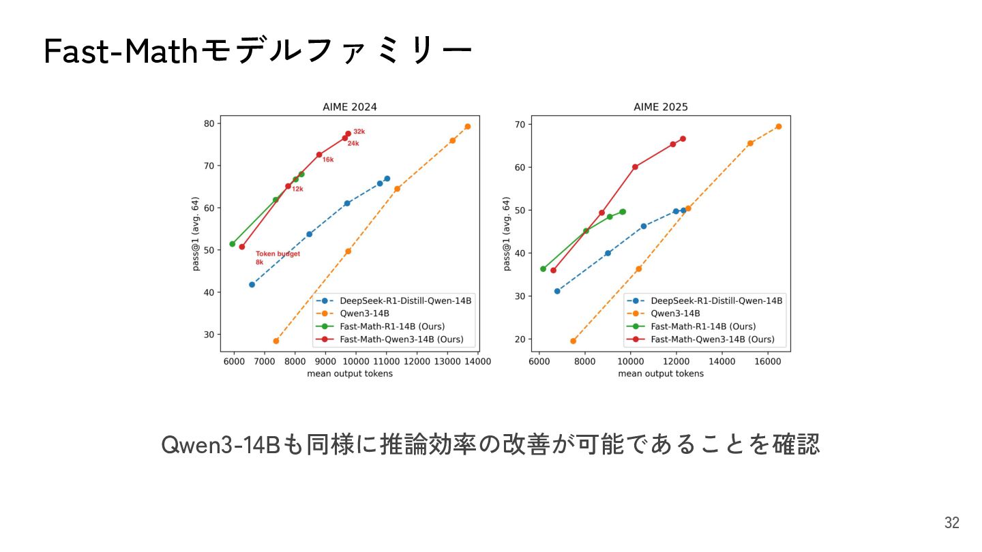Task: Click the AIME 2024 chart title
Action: pos(349,107)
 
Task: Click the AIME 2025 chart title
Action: pos(660,107)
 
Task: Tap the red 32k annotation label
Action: pos(359,132)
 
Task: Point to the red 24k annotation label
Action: pos(353,144)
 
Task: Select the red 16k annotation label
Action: pos(328,159)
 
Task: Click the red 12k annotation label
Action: pos(297,189)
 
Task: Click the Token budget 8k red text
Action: pos(278,258)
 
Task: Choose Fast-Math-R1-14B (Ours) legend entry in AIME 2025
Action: pos(703,326)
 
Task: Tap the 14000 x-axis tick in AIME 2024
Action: pos(477,362)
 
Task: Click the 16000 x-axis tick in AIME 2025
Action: pos(768,362)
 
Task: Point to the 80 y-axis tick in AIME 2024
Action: pos(208,123)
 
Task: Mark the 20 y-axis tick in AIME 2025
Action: pos(520,339)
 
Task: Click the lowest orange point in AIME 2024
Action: pos(276,341)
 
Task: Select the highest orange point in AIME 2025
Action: pos(778,127)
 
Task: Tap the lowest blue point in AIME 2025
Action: pos(557,291)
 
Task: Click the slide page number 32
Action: pos(952,523)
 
